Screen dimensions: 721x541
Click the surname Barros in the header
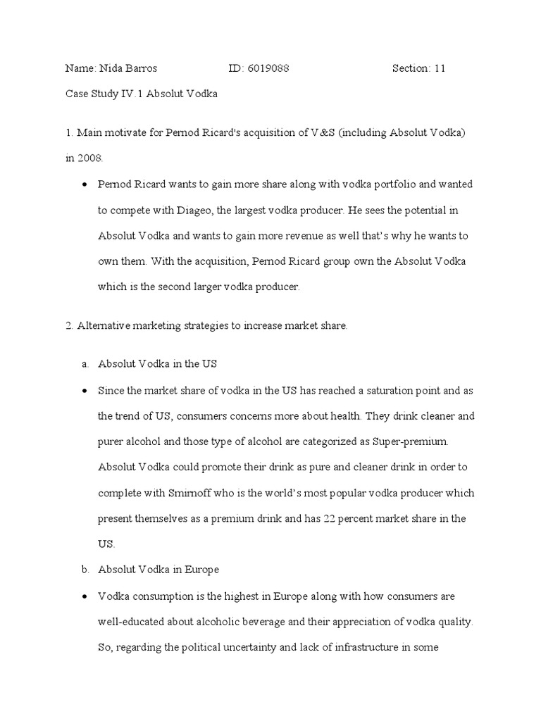click(140, 68)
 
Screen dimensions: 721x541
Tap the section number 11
click(440, 68)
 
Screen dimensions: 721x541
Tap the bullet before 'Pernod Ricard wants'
click(85, 184)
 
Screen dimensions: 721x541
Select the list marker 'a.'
click(85, 364)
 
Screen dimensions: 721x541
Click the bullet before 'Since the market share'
click(85, 391)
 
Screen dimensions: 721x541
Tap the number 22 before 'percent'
click(325, 519)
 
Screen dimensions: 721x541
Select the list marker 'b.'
click(85, 570)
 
